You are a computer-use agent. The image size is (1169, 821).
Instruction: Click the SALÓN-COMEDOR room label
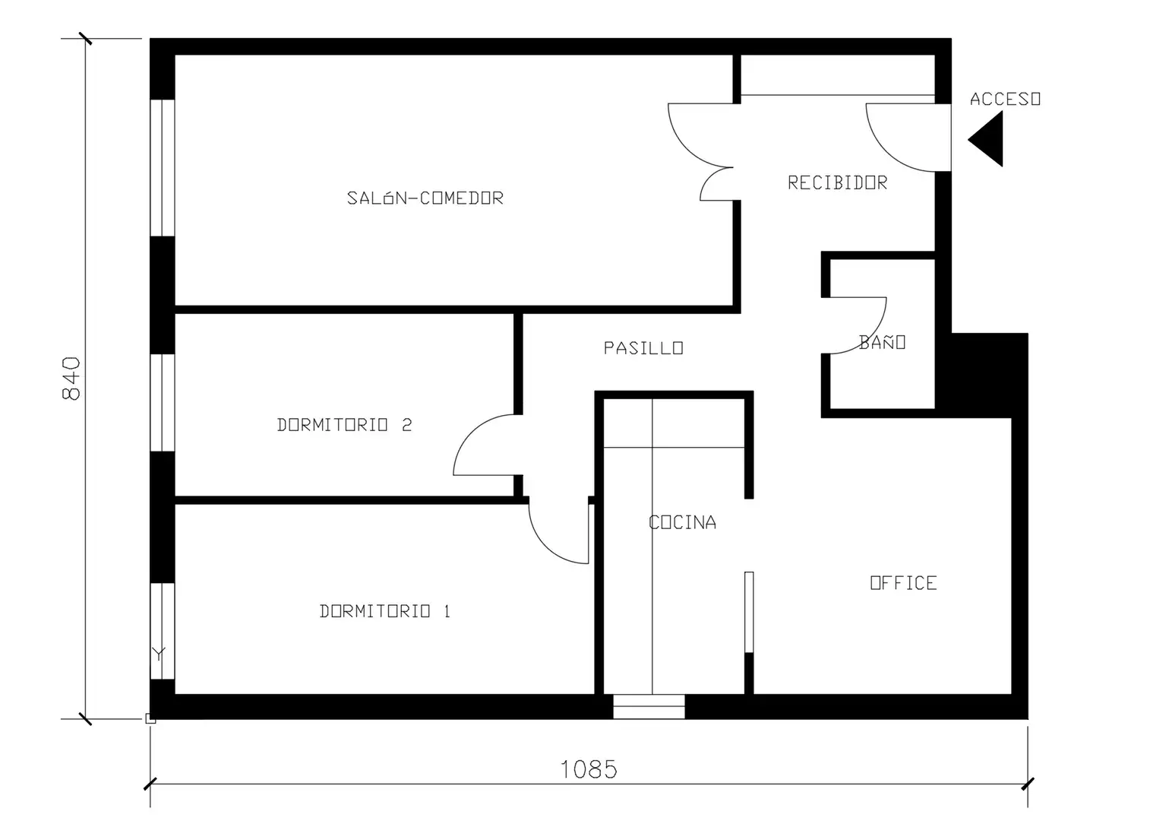pyautogui.click(x=425, y=198)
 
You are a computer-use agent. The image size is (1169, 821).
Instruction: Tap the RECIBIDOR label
pyautogui.click(x=837, y=182)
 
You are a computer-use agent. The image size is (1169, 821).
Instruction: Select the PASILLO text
pyautogui.click(x=643, y=348)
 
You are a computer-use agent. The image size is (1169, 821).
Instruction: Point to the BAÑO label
pyautogui.click(x=882, y=341)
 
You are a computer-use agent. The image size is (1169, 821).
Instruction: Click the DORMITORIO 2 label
pyautogui.click(x=344, y=425)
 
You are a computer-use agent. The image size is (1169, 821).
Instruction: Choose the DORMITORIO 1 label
pyautogui.click(x=384, y=611)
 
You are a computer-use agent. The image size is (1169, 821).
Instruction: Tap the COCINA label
pyautogui.click(x=682, y=522)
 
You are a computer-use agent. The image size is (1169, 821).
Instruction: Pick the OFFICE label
pyautogui.click(x=903, y=583)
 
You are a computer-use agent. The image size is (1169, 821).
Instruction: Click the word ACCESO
pyautogui.click(x=1005, y=100)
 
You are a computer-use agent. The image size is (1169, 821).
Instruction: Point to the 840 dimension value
pyautogui.click(x=71, y=379)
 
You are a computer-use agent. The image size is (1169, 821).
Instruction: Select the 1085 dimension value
pyautogui.click(x=589, y=769)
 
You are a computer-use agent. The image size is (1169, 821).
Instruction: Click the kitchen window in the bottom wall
pyautogui.click(x=649, y=707)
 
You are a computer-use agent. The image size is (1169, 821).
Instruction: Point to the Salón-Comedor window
pyautogui.click(x=163, y=168)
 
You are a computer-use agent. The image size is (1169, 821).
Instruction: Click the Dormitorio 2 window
pyautogui.click(x=163, y=403)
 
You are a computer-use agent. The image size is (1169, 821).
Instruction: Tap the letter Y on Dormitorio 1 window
pyautogui.click(x=159, y=654)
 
